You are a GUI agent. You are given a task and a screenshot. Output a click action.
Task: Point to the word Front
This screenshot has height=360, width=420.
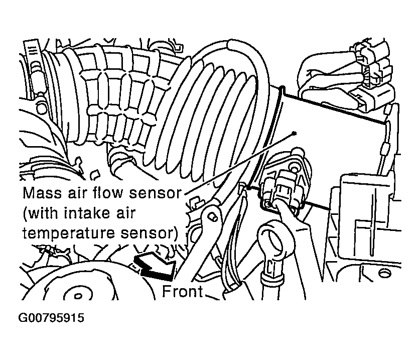click(183, 291)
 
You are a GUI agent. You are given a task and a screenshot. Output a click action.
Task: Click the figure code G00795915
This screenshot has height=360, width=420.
click(51, 318)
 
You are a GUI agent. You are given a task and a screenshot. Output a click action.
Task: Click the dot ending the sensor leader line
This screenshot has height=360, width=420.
click(295, 133)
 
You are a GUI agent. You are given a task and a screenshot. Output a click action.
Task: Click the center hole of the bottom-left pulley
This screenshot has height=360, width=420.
click(78, 296)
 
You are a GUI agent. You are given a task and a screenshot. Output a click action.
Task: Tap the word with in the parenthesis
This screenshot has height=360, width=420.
click(42, 213)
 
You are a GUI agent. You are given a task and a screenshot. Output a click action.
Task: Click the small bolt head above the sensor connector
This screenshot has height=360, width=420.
click(295, 169)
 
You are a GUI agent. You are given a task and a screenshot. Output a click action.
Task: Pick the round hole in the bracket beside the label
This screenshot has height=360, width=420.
click(213, 216)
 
